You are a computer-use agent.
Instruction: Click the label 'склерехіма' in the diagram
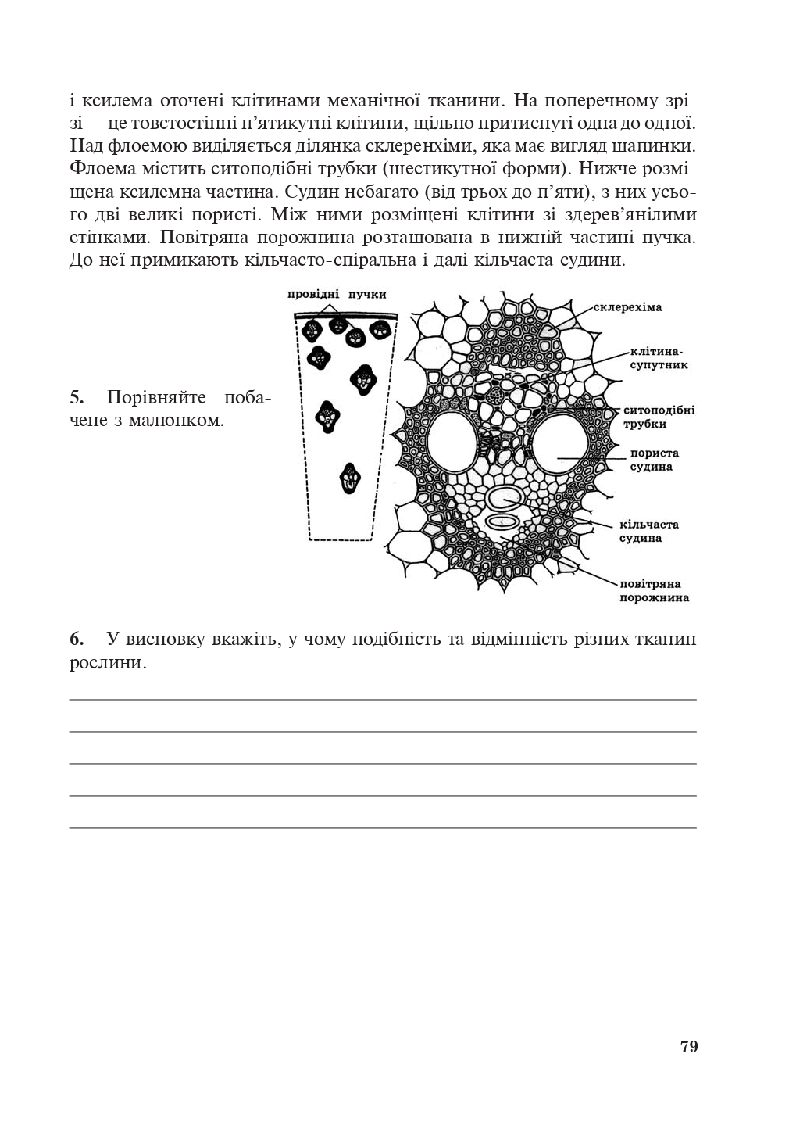click(627, 307)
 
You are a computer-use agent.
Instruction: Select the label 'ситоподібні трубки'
click(658, 417)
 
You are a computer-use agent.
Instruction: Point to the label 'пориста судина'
click(654, 460)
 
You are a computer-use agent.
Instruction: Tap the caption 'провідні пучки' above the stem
click(337, 294)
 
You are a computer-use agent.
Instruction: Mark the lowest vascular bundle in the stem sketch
click(351, 478)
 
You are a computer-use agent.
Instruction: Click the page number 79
click(688, 1046)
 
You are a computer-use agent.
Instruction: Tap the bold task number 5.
click(77, 397)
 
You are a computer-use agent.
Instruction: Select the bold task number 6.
click(77, 640)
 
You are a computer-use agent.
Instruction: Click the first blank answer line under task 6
click(383, 699)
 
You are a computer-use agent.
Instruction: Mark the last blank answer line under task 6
click(383, 826)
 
